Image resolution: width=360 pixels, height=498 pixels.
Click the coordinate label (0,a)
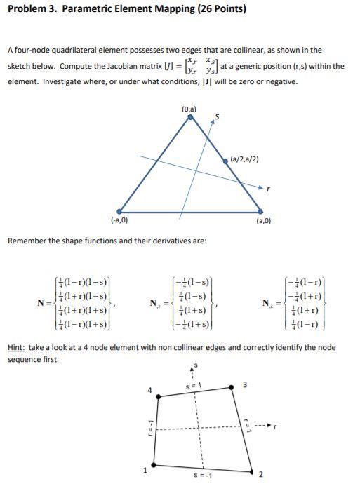pyautogui.click(x=189, y=109)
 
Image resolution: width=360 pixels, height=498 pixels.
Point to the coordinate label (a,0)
pyautogui.click(x=263, y=221)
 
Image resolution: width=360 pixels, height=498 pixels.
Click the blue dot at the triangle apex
pyautogui.click(x=190, y=117)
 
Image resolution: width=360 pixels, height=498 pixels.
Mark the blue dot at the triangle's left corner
pyautogui.click(x=120, y=210)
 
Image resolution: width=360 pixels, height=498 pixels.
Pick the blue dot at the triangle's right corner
pyautogui.click(x=260, y=210)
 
